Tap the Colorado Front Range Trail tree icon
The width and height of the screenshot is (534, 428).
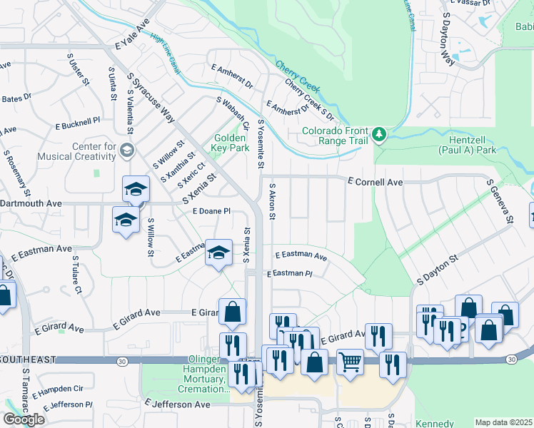click(x=378, y=133)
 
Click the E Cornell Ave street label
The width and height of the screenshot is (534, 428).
click(x=375, y=183)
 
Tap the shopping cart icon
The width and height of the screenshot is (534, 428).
click(x=350, y=362)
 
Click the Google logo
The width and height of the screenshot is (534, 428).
click(x=24, y=419)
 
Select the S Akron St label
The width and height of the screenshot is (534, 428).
click(x=272, y=200)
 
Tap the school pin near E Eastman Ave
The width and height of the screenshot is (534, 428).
click(x=218, y=253)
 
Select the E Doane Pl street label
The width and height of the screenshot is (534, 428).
click(x=212, y=211)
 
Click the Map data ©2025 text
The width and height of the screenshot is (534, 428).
click(x=503, y=422)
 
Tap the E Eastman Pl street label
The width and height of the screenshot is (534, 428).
click(x=290, y=274)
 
